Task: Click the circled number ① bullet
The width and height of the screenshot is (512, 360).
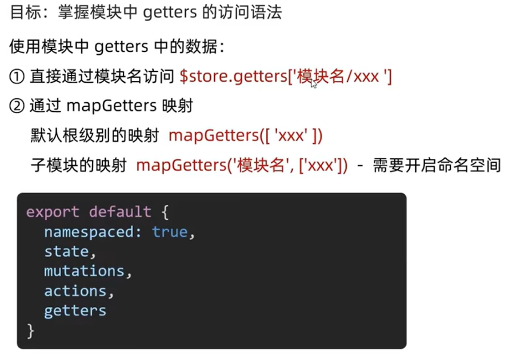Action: (x=17, y=76)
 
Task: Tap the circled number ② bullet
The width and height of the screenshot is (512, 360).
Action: (x=17, y=106)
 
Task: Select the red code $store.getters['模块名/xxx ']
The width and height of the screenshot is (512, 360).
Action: (x=286, y=76)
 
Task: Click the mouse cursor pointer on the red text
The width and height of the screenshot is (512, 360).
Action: (x=314, y=83)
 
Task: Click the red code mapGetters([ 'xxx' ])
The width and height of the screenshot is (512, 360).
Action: (x=246, y=136)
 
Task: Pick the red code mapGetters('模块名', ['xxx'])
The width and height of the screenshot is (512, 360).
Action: (x=242, y=166)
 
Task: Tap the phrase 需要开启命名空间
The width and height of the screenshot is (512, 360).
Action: (x=437, y=166)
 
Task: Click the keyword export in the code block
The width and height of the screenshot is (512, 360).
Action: (x=53, y=212)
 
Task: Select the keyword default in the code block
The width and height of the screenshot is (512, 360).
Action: (x=119, y=212)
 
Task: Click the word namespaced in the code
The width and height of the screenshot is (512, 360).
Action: (x=93, y=232)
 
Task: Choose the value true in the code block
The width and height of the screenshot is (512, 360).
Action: (x=170, y=232)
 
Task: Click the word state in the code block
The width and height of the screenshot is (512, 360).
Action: (x=66, y=251)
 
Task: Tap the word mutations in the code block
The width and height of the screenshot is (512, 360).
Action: (x=84, y=271)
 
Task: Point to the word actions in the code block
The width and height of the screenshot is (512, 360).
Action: (x=75, y=291)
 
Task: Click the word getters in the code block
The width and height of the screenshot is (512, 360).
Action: (x=75, y=311)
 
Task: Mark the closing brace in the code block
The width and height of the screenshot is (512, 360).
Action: (x=30, y=330)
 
